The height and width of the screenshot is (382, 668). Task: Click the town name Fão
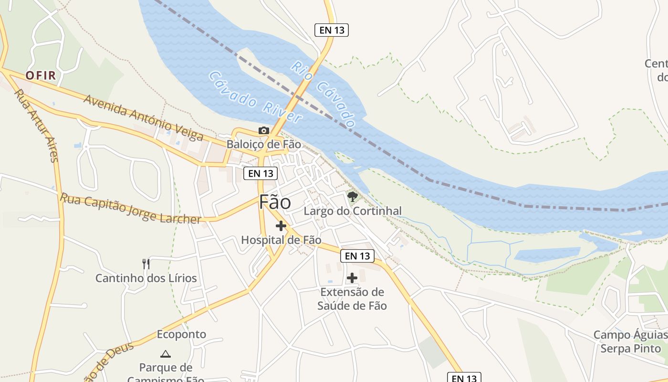tap(275, 202)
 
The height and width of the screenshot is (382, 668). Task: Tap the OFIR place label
tap(41, 75)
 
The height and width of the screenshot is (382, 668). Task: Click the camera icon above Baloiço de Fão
tap(263, 130)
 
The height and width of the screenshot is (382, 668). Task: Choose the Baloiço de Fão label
tap(263, 144)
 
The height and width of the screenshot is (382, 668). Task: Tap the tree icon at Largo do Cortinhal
tap(353, 196)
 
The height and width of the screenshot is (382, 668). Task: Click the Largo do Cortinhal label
tap(353, 211)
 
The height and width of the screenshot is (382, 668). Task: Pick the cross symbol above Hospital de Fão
tap(281, 226)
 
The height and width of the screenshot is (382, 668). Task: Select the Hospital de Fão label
tap(281, 240)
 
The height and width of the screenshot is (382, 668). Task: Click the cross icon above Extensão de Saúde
tap(352, 278)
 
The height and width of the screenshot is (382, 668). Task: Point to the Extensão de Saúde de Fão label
tap(352, 298)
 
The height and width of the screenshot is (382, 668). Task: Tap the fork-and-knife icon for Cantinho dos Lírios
tap(146, 264)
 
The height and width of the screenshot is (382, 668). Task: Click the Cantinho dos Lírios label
tap(146, 278)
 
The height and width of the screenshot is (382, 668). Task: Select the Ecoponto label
tap(181, 334)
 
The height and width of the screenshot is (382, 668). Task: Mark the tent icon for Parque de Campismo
tap(166, 354)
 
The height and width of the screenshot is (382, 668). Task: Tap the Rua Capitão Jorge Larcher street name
tap(130, 208)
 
